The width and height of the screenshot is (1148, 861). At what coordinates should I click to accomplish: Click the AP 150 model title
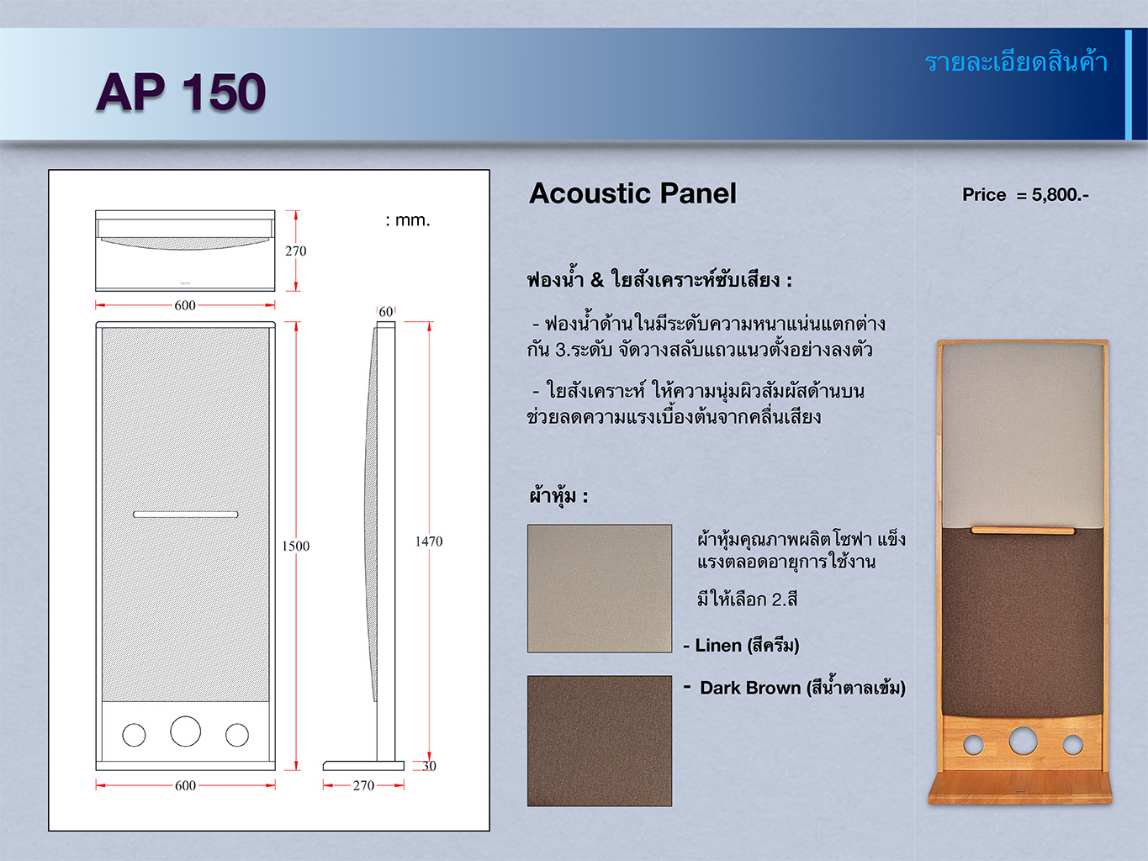181,92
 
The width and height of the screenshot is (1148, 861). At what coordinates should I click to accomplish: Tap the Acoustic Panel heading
632,193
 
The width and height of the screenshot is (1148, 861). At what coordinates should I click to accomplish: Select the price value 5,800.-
1061,195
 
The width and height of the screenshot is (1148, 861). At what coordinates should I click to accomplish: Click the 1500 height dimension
295,546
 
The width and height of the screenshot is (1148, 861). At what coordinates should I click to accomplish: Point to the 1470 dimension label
429,541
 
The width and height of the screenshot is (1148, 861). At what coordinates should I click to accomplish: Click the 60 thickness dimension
386,312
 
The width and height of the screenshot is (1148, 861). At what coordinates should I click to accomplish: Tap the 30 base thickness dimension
429,766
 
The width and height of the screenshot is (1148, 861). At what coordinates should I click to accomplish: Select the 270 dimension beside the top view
295,251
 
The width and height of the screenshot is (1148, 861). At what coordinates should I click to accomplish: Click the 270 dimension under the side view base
363,785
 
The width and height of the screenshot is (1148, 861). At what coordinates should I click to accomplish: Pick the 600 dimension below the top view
185,305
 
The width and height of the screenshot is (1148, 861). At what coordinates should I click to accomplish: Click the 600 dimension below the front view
185,785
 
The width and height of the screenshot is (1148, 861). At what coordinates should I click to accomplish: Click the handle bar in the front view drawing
186,515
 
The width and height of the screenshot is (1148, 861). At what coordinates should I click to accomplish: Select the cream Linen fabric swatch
600,589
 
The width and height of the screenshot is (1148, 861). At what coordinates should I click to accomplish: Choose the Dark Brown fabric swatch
600,741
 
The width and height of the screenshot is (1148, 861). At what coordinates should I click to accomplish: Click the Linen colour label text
742,646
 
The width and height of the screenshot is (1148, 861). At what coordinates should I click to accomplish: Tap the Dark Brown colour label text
795,687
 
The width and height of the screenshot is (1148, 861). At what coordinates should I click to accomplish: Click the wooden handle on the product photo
1023,531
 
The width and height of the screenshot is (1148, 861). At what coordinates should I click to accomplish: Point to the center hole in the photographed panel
1023,740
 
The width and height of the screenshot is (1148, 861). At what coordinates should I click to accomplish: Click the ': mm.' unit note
407,220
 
